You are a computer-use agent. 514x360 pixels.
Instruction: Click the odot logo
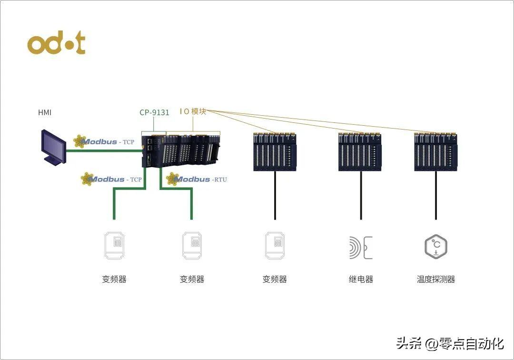[x=56, y=44]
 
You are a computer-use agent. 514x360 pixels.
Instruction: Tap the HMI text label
[x=45, y=113]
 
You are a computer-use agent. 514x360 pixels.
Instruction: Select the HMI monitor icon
[x=54, y=147]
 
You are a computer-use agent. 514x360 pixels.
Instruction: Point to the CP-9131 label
[x=154, y=113]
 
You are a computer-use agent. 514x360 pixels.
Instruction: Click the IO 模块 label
[x=193, y=111]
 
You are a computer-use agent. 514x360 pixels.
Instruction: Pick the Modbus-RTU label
[x=197, y=180]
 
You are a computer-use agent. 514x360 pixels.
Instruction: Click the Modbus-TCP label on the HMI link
[x=108, y=141]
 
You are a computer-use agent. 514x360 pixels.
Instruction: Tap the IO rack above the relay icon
[x=360, y=151]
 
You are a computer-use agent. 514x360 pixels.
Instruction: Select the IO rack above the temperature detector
[x=436, y=151]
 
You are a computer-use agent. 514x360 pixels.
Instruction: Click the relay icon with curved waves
[x=360, y=247]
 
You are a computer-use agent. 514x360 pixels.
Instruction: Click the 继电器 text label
[x=361, y=280]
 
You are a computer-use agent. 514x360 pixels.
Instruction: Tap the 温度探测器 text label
[x=436, y=280]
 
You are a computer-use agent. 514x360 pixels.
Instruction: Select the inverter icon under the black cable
[x=275, y=246]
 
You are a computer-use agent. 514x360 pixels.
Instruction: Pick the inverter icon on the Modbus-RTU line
[x=192, y=246]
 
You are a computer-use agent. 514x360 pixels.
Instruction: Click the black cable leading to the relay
[x=361, y=195]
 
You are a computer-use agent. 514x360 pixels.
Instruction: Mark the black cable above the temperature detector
[x=436, y=195]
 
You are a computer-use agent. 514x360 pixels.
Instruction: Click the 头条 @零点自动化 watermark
[x=450, y=343]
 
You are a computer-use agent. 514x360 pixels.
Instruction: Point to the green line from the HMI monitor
[x=102, y=151]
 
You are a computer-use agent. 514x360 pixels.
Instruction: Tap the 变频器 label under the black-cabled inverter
[x=275, y=280]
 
